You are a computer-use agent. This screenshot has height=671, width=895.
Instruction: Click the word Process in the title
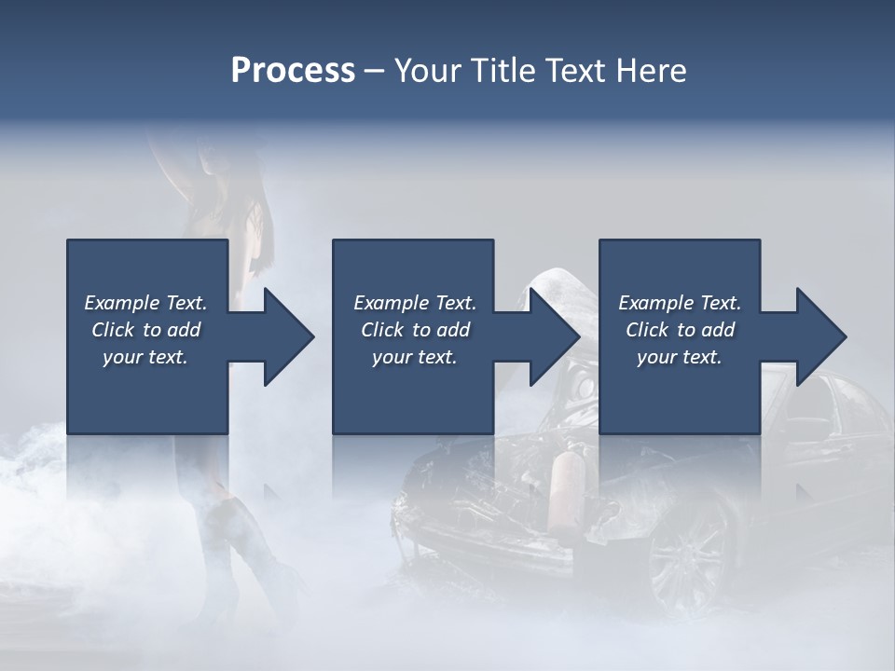(293, 71)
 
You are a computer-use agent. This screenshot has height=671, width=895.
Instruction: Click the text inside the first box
(145, 330)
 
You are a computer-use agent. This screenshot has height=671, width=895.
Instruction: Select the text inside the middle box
(414, 330)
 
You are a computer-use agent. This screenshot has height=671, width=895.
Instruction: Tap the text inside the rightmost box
(680, 330)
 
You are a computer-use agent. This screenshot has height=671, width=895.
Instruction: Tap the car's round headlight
(584, 384)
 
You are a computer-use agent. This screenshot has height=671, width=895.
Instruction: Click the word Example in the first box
(122, 303)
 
